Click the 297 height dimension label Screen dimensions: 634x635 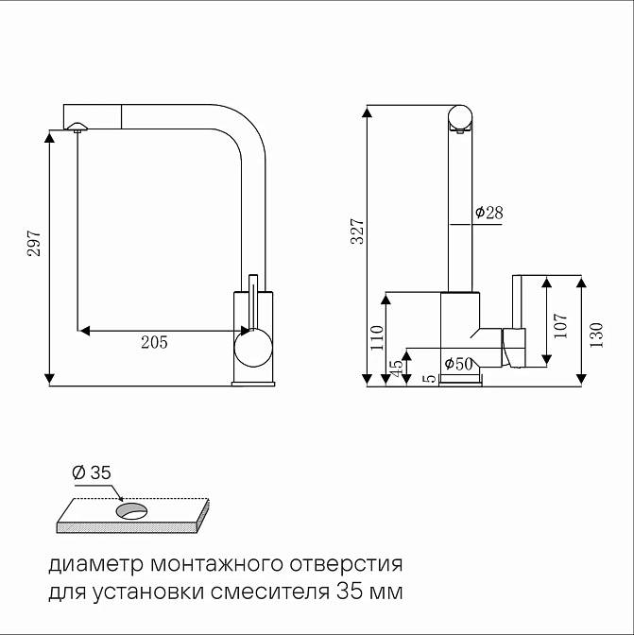(x=34, y=243)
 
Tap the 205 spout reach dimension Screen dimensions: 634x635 (x=154, y=343)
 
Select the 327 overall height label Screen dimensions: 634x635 (x=357, y=232)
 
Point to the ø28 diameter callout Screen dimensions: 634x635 (x=489, y=213)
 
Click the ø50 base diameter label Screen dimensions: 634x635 (x=458, y=364)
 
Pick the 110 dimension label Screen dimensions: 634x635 (x=376, y=337)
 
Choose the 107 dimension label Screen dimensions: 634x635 (x=560, y=326)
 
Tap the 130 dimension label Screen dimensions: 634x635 (x=596, y=335)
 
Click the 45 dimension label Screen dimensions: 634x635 (x=397, y=368)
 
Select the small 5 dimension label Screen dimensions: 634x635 (x=430, y=379)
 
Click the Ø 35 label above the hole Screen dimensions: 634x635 (x=91, y=472)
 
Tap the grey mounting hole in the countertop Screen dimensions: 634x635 (x=131, y=510)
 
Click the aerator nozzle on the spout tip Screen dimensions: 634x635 (x=77, y=127)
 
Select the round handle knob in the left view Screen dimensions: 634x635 (x=253, y=348)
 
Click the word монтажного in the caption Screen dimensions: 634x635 (x=216, y=564)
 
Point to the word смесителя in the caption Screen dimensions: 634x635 (x=270, y=592)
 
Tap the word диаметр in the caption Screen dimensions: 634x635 (x=96, y=565)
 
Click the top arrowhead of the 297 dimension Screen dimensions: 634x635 (x=49, y=138)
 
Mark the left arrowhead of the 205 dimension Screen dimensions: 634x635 (x=84, y=331)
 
